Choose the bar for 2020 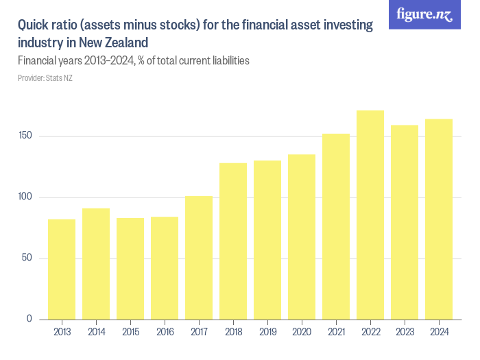[x=302, y=237]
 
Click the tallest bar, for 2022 [x=370, y=215]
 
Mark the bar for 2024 [x=439, y=219]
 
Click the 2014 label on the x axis [x=96, y=333]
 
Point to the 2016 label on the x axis [x=165, y=333]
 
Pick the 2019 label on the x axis [x=267, y=333]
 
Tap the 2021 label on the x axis [x=336, y=333]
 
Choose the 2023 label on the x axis [x=405, y=333]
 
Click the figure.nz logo [x=424, y=14]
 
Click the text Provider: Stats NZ [x=45, y=78]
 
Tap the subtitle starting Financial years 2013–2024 [x=133, y=61]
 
